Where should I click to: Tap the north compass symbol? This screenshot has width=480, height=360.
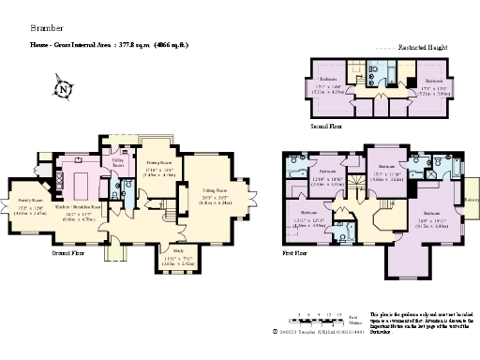[64, 91]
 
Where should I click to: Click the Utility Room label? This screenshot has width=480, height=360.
[117, 163]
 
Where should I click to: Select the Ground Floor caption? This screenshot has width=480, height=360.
[67, 253]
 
